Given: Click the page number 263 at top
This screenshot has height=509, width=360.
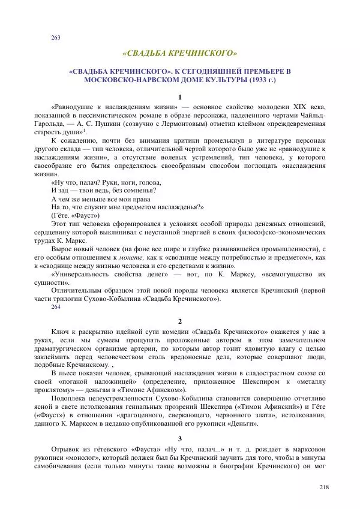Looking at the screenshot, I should [x=56, y=38].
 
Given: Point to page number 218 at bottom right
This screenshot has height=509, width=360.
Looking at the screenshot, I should [x=325, y=487].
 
